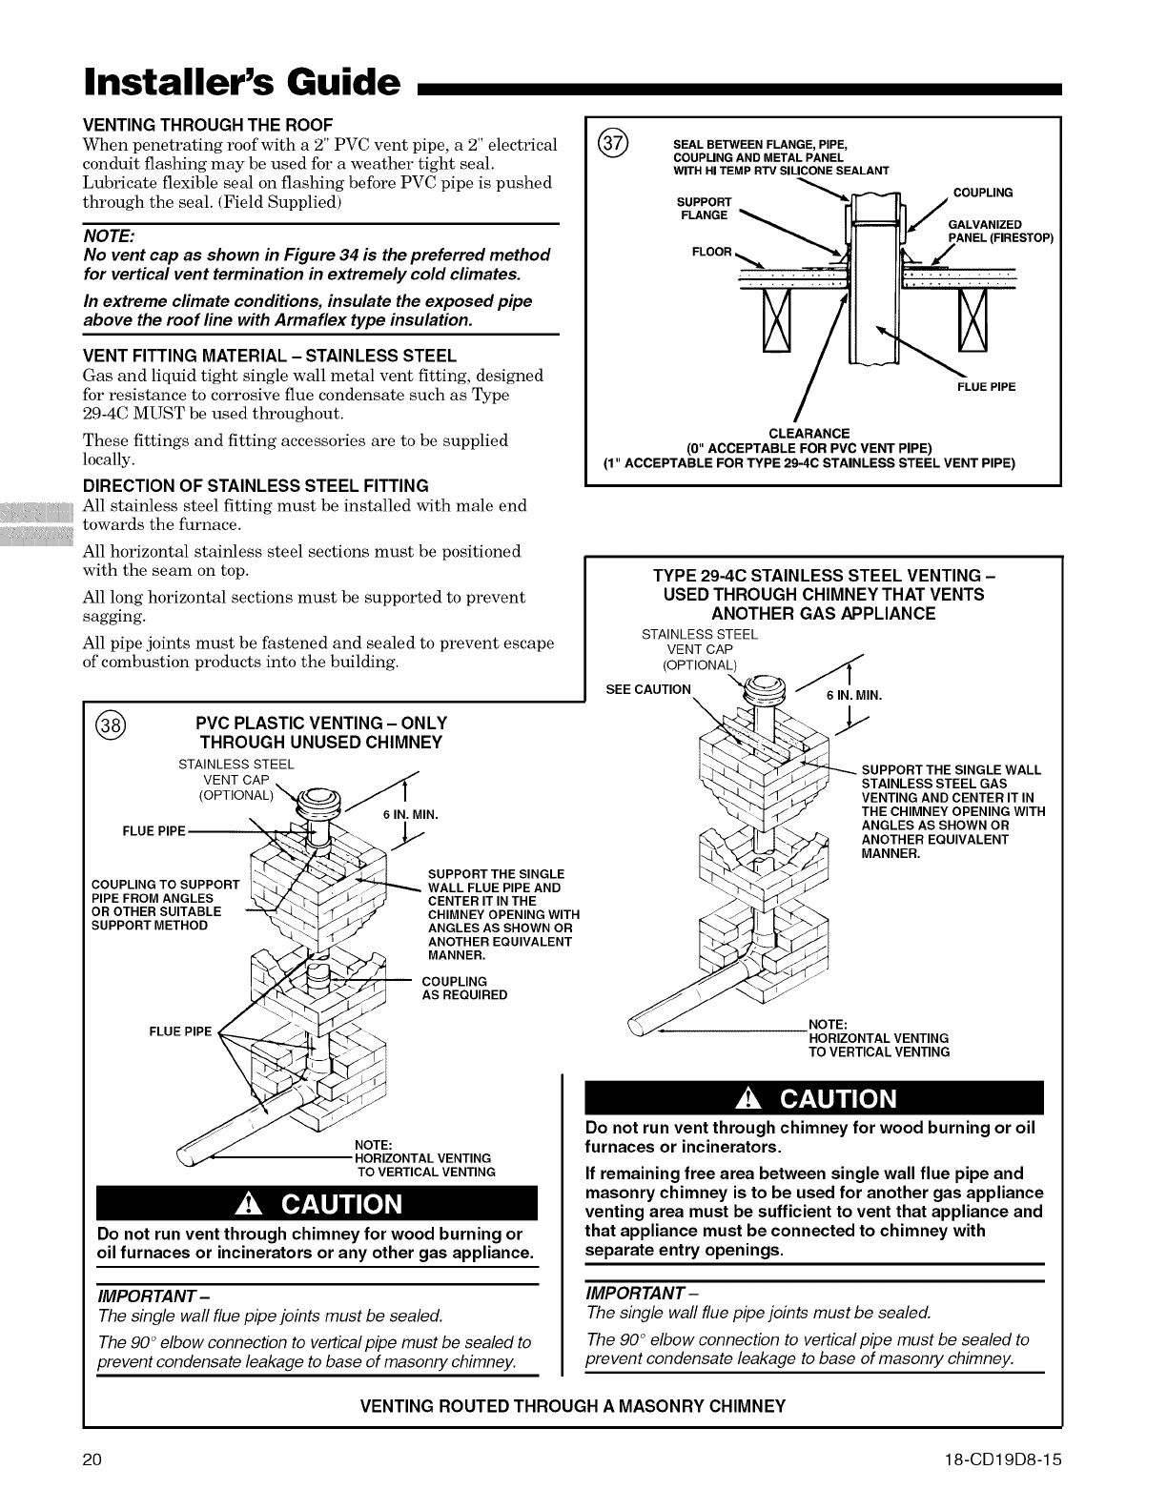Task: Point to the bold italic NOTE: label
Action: [x=110, y=235]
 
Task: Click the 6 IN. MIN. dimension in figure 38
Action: [x=410, y=814]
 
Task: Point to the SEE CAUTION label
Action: [x=648, y=689]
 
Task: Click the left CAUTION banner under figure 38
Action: [x=318, y=1203]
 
